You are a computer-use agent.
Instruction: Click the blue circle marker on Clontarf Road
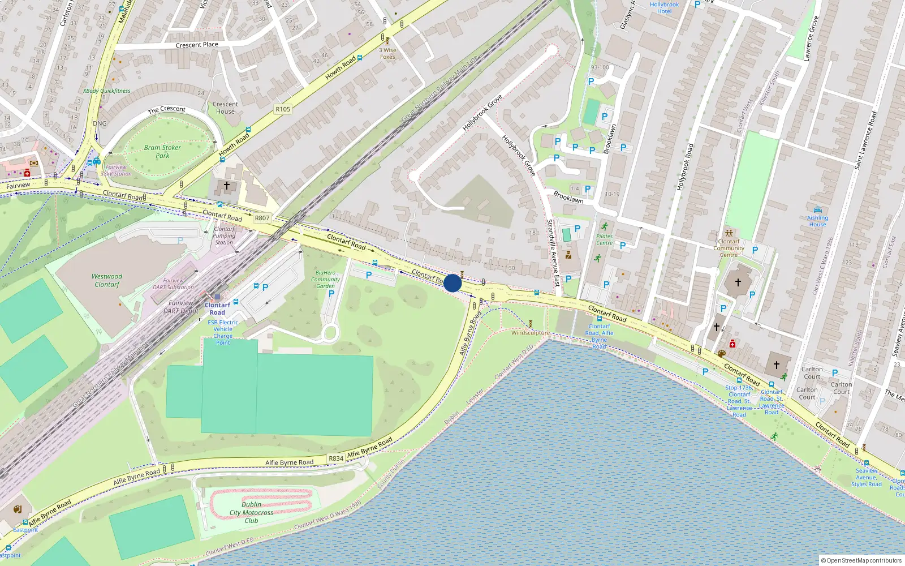(453, 283)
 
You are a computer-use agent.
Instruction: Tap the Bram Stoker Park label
(162, 151)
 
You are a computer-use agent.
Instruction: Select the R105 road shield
(283, 109)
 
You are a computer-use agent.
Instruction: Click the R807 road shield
(262, 218)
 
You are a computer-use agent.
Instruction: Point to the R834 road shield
(336, 458)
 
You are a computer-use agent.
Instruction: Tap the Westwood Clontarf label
(107, 280)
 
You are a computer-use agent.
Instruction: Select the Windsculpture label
(530, 333)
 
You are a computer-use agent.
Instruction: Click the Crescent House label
(225, 108)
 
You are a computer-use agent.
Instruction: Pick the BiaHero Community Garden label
(325, 279)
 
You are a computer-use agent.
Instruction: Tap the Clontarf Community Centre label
(729, 248)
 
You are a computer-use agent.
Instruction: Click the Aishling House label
(817, 221)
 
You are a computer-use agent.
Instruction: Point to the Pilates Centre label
(604, 239)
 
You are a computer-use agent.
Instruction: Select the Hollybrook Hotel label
(664, 7)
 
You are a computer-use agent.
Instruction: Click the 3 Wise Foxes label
(387, 53)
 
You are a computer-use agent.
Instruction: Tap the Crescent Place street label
(197, 45)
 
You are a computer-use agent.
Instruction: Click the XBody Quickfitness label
(106, 91)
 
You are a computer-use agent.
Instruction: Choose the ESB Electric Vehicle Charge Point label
(223, 332)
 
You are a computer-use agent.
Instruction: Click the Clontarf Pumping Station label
(224, 235)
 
